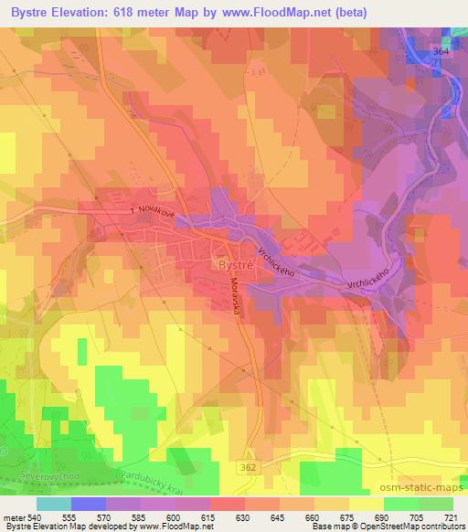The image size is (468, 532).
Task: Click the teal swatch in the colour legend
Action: click(54, 503)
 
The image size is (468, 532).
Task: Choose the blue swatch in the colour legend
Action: click(89, 503)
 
